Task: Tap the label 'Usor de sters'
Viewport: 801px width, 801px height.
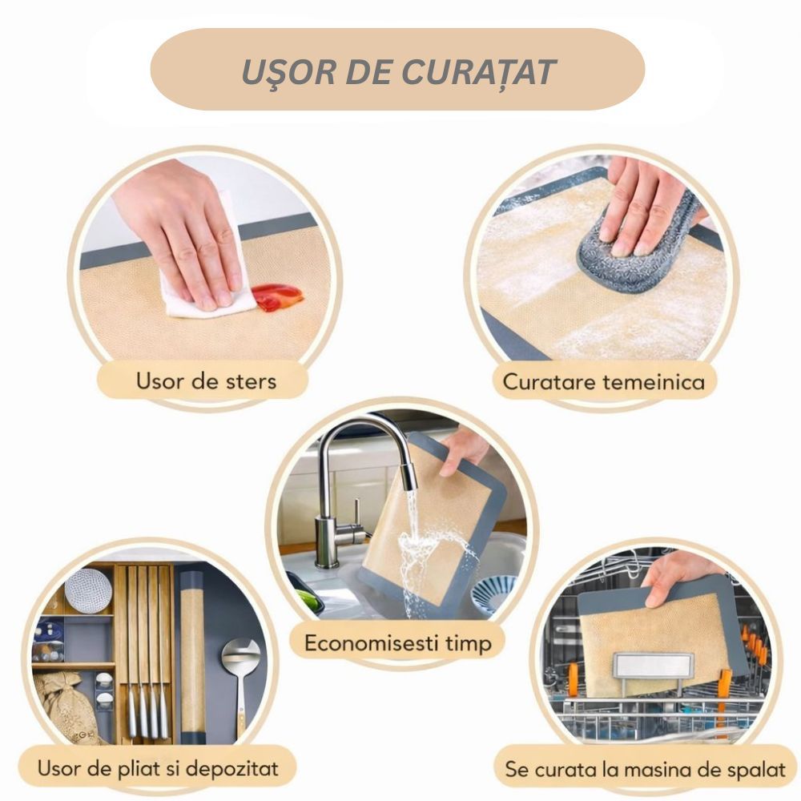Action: [x=207, y=381]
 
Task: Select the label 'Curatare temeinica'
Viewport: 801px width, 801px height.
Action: [x=604, y=381]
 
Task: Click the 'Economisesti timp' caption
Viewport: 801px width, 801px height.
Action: [x=398, y=643]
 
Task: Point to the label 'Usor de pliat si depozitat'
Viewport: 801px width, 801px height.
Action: [x=158, y=768]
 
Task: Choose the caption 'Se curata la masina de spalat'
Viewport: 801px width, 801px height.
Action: [x=645, y=769]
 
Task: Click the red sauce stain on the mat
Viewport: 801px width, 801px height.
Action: [x=277, y=297]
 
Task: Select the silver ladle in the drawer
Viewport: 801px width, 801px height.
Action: [x=240, y=685]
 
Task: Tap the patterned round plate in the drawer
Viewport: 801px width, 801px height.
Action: [x=88, y=590]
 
